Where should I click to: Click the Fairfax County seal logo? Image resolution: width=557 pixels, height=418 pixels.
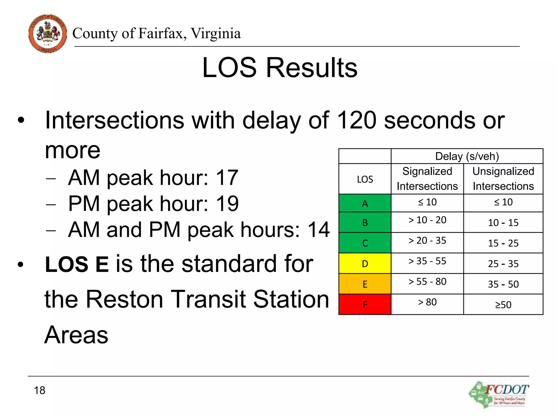click(48, 33)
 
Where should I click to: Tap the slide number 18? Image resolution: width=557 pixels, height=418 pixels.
click(39, 390)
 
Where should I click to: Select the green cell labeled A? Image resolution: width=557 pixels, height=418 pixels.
click(365, 203)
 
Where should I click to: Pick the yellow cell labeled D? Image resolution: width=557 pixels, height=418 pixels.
click(365, 263)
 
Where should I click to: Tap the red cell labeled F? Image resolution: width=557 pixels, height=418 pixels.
click(365, 305)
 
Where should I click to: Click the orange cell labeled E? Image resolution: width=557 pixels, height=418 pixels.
click(365, 284)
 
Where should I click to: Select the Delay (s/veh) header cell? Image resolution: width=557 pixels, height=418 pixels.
click(467, 156)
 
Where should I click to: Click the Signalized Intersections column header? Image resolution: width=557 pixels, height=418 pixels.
click(427, 179)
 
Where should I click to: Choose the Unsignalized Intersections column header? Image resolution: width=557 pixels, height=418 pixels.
click(503, 179)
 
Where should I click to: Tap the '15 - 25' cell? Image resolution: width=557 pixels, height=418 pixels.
click(503, 243)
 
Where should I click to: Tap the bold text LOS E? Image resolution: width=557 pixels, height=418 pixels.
click(77, 264)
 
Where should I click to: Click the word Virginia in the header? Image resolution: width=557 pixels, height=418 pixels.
click(215, 33)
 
